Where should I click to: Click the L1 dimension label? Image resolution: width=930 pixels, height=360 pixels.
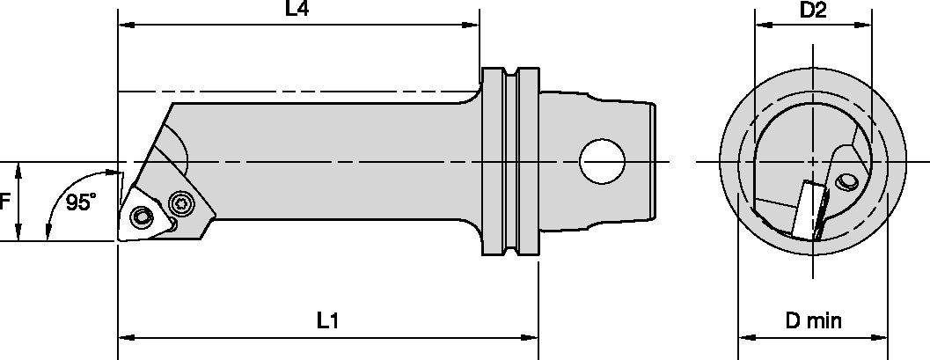click(x=327, y=321)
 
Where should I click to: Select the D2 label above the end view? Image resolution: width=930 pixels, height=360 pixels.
click(x=812, y=11)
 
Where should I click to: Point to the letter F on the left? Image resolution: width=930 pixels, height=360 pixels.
click(x=5, y=202)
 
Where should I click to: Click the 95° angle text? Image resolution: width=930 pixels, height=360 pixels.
click(x=80, y=202)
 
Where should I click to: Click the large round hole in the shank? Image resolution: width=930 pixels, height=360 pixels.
click(x=602, y=161)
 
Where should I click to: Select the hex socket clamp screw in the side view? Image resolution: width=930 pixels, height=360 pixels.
click(x=181, y=203)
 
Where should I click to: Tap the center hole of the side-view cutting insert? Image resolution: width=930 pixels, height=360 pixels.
click(x=142, y=215)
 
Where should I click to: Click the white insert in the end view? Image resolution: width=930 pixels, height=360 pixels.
click(x=806, y=208)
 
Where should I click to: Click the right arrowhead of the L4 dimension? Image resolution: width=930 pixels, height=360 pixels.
click(x=472, y=26)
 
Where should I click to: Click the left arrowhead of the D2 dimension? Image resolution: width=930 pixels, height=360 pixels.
click(x=760, y=26)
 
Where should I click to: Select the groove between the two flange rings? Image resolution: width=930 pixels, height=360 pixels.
click(x=510, y=163)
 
